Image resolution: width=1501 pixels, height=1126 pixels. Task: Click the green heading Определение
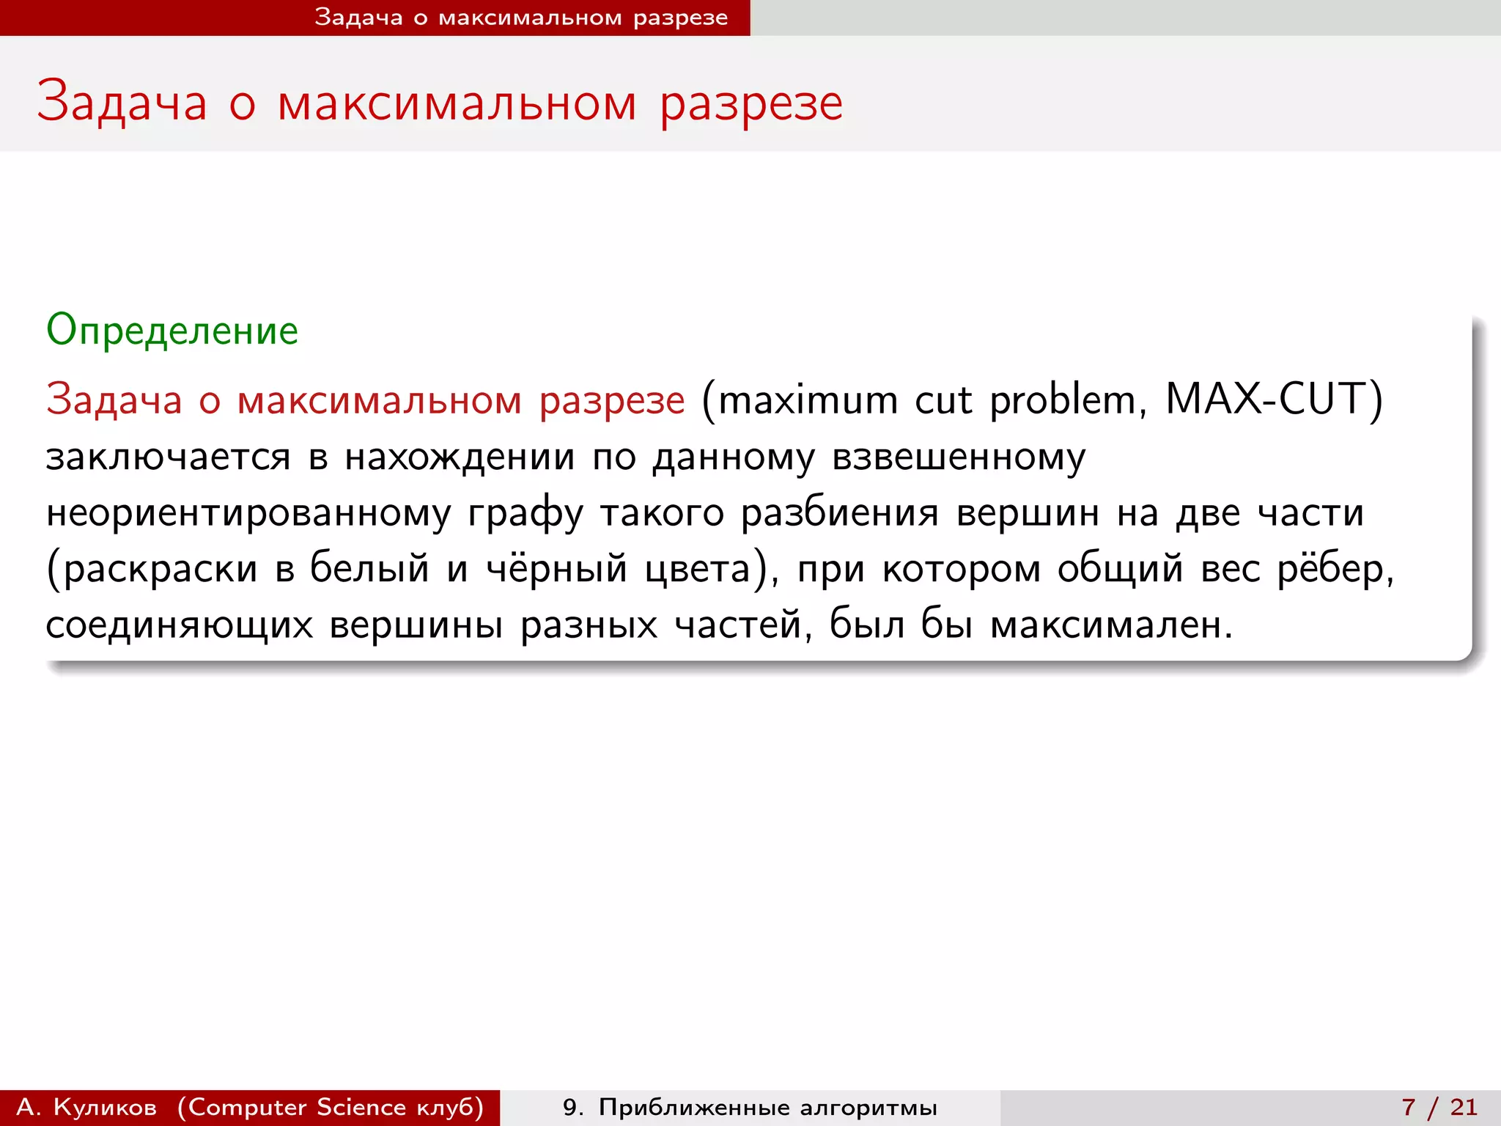coord(172,331)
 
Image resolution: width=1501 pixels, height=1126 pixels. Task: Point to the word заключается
coord(169,457)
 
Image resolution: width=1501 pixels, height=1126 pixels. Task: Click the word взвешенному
coord(959,457)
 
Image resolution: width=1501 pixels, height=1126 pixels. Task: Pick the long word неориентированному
coord(248,513)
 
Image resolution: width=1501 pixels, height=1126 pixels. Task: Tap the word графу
coord(525,513)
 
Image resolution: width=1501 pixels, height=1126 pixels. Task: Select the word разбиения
coord(839,513)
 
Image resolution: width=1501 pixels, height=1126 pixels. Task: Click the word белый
coord(369,569)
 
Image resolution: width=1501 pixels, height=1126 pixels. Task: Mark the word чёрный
coord(557,569)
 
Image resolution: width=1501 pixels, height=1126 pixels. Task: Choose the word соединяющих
coord(180,625)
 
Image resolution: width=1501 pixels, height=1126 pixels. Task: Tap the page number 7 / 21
coord(1439,1107)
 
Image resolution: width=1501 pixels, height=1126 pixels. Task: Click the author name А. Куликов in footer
coord(86,1107)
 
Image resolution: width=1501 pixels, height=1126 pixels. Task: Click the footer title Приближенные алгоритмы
coord(767,1107)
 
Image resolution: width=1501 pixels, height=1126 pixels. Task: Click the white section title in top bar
coord(521,18)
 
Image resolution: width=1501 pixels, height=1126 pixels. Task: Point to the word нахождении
coord(460,457)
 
